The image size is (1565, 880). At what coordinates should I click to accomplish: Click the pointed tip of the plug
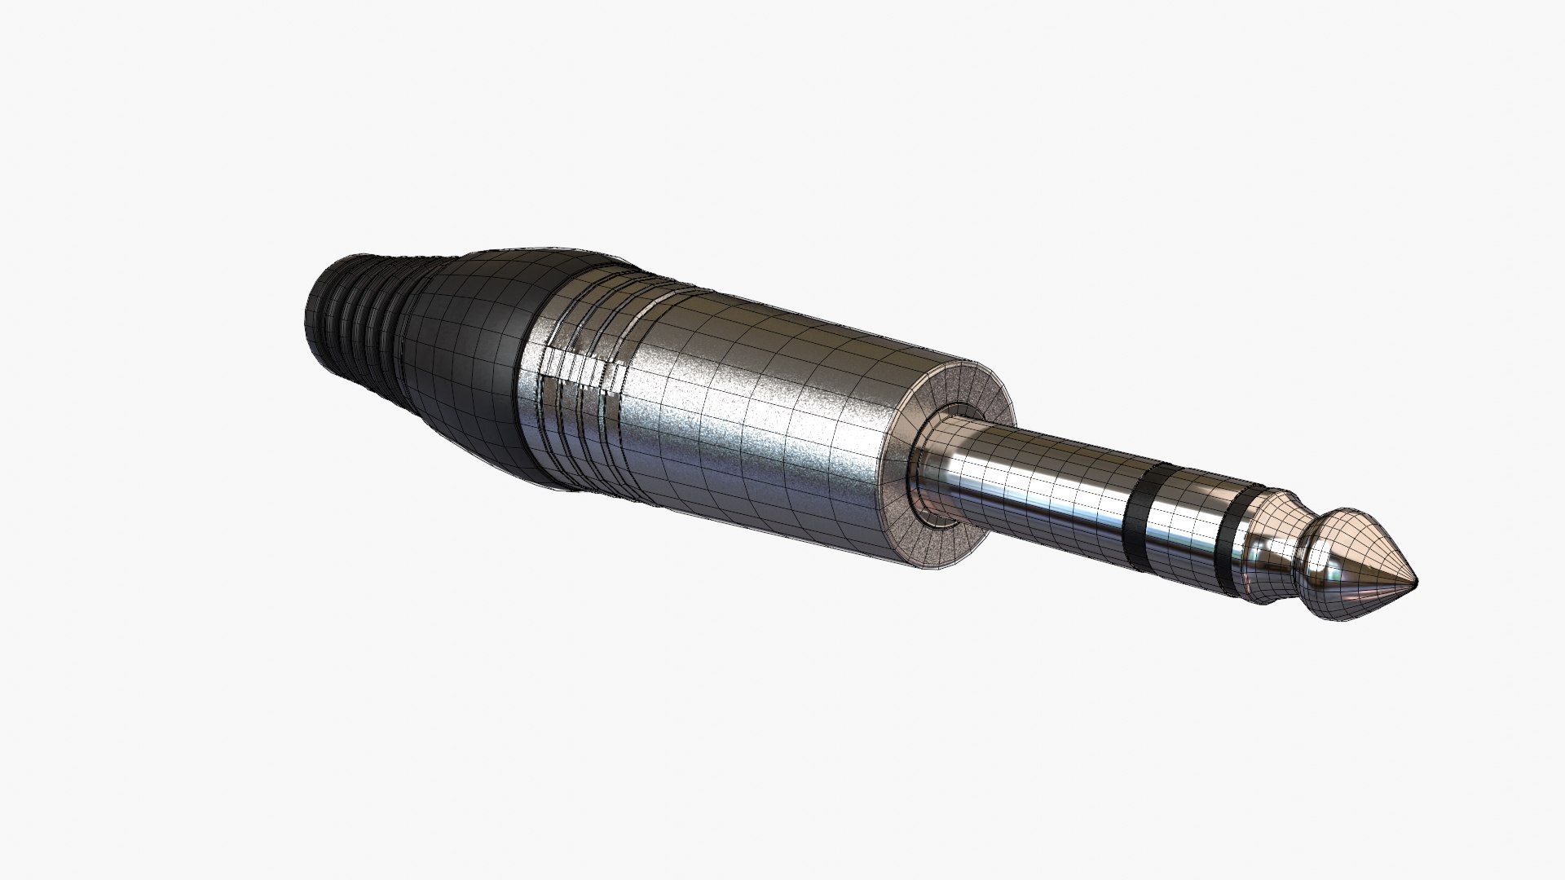coord(1414,581)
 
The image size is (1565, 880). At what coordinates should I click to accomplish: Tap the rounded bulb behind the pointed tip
coord(1337,562)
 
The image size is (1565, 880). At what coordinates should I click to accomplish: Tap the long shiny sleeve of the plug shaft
coord(1035,481)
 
